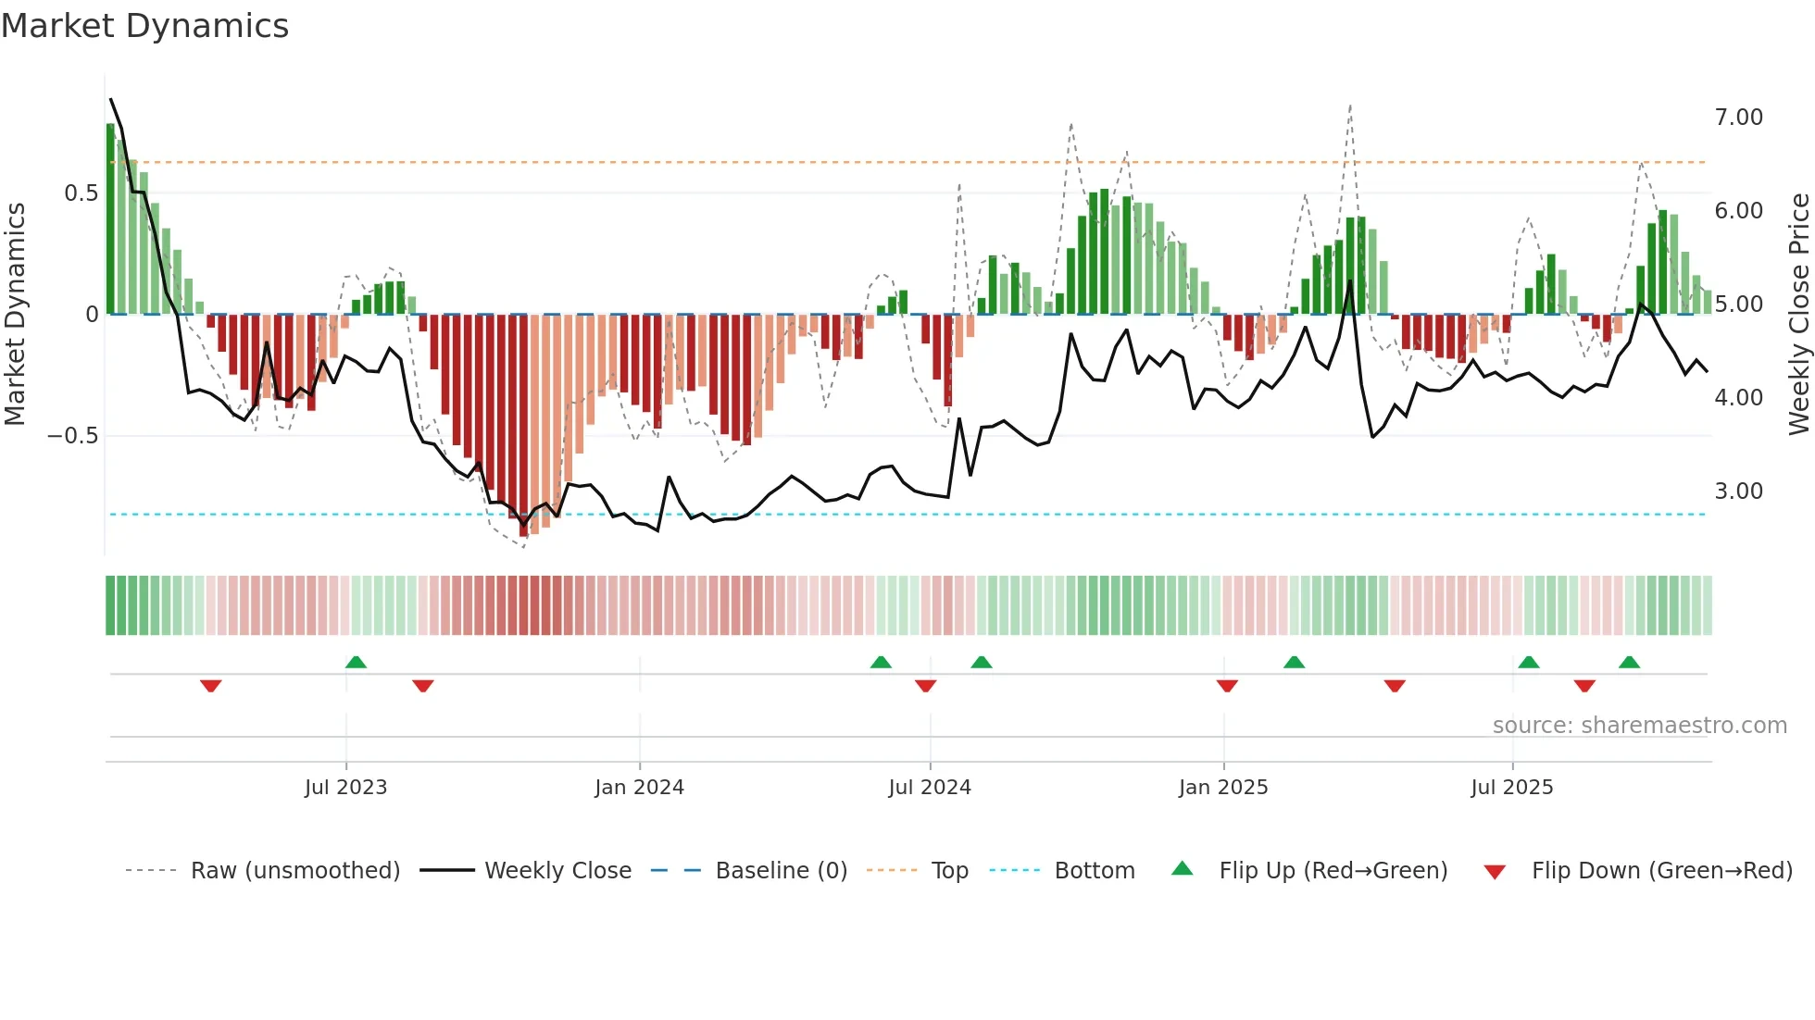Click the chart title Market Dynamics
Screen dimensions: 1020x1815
pos(145,26)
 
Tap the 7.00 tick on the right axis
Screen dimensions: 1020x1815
pos(1738,118)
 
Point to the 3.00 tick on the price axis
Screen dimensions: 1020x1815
pos(1738,491)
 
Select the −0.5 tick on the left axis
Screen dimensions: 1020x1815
pos(72,436)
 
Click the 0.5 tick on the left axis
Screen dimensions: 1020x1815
pos(81,193)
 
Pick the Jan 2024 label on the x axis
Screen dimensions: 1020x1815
pos(639,788)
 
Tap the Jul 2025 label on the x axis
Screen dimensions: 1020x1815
pos(1511,788)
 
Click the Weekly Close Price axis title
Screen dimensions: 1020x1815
pos(1798,314)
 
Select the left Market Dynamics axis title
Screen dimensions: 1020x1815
pos(15,314)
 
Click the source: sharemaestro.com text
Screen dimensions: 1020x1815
pos(1639,726)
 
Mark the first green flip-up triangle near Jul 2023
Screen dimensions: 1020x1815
pos(356,662)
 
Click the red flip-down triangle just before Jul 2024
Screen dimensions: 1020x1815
pos(925,686)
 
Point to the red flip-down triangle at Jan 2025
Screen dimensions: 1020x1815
pos(1227,686)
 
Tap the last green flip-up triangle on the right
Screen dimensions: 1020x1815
pos(1629,662)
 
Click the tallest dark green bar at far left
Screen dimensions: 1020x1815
pos(111,220)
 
